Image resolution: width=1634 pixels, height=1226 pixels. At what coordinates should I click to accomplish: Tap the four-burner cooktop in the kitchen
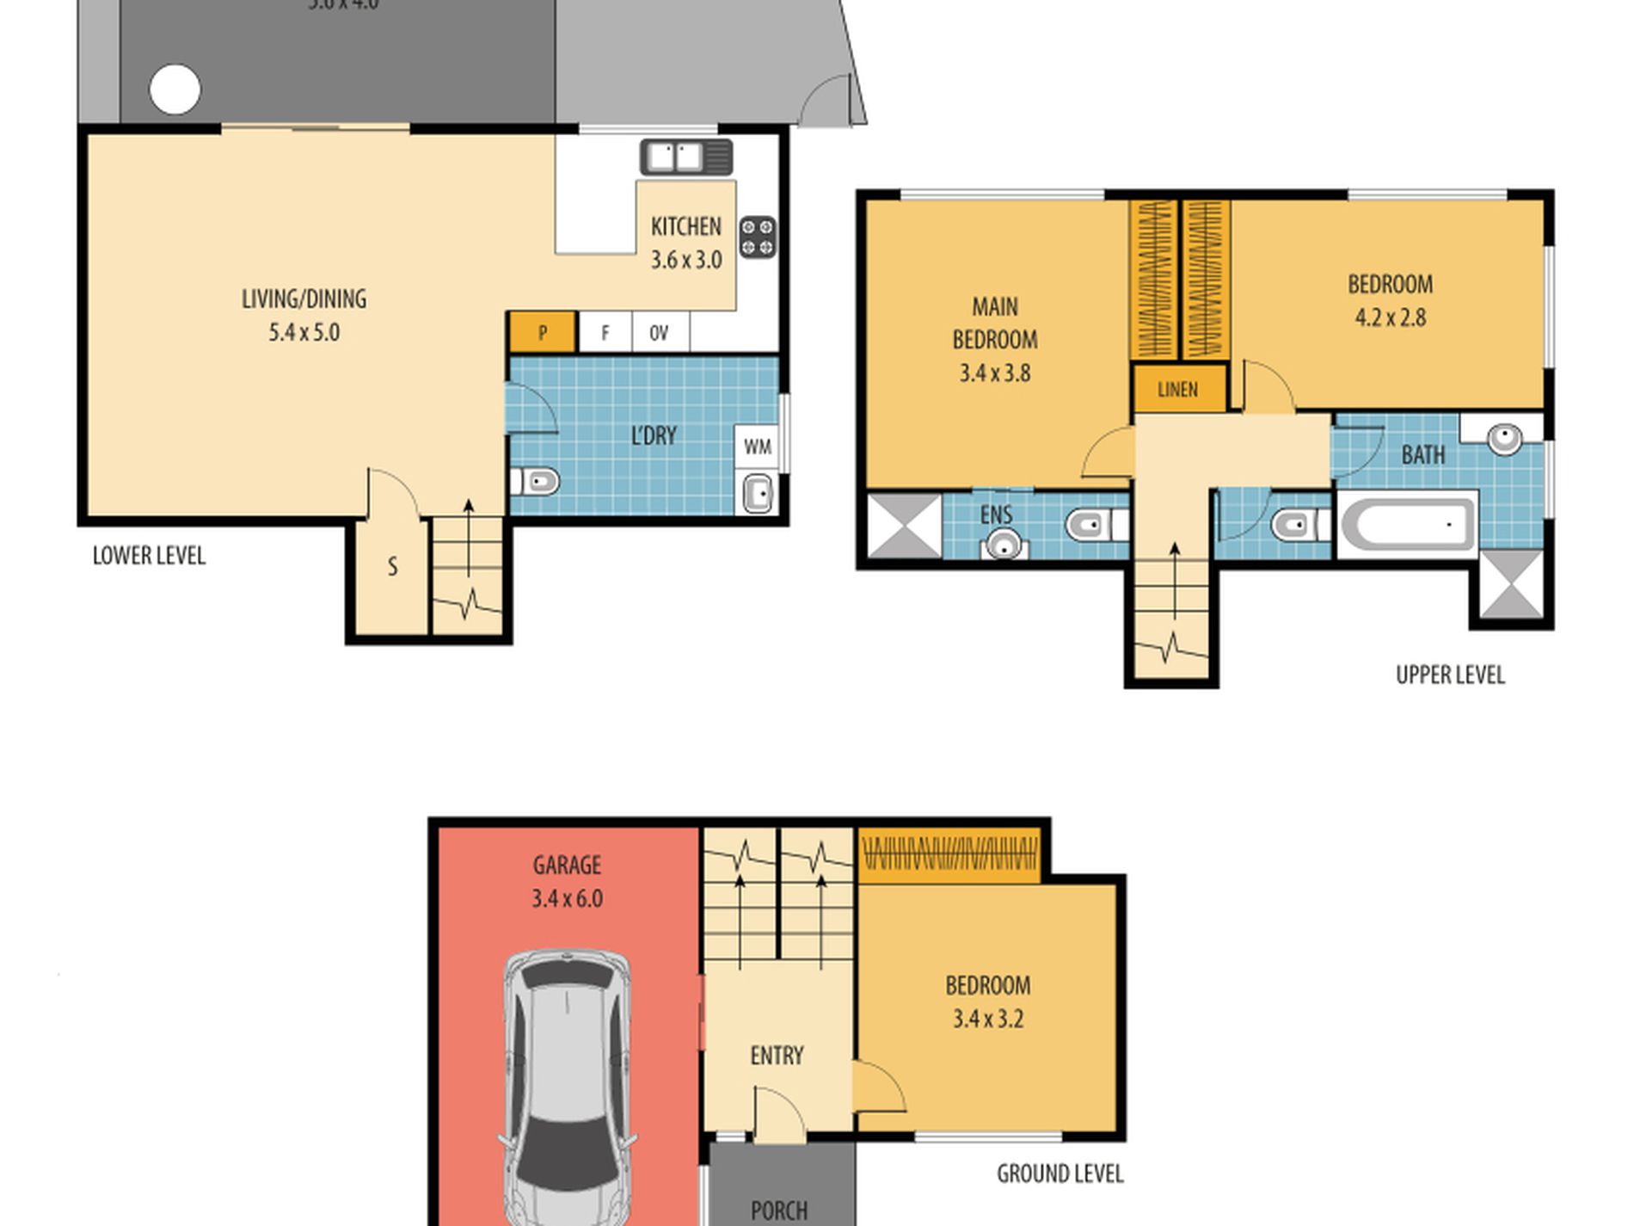tap(757, 237)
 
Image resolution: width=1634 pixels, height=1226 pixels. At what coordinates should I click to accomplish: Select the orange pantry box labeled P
tap(542, 333)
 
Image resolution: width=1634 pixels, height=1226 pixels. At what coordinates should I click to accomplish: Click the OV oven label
tap(659, 333)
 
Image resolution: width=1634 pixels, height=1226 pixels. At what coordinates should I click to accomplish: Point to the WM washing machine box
tap(757, 447)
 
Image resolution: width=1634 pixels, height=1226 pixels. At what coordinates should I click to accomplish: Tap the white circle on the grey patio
tap(175, 89)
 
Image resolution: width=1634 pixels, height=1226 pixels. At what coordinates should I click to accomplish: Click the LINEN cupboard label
tap(1177, 390)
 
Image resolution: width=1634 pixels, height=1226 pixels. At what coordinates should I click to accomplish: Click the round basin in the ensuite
tap(1002, 545)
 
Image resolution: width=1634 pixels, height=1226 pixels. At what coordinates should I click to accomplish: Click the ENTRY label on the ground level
tap(777, 1056)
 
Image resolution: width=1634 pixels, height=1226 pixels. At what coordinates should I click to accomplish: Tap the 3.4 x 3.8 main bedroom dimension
tap(994, 373)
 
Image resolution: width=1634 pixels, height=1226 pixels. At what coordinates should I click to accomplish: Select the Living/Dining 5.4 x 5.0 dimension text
tap(304, 333)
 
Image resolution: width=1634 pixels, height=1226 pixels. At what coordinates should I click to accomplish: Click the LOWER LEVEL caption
tap(149, 556)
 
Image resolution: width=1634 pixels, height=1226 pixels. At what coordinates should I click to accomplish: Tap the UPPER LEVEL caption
tap(1450, 675)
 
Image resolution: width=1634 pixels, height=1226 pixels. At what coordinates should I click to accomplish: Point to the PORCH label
tap(778, 1210)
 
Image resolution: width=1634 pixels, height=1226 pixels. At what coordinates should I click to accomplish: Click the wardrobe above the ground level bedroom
tap(949, 855)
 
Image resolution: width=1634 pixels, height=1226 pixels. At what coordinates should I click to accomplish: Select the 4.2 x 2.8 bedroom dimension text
tap(1390, 318)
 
